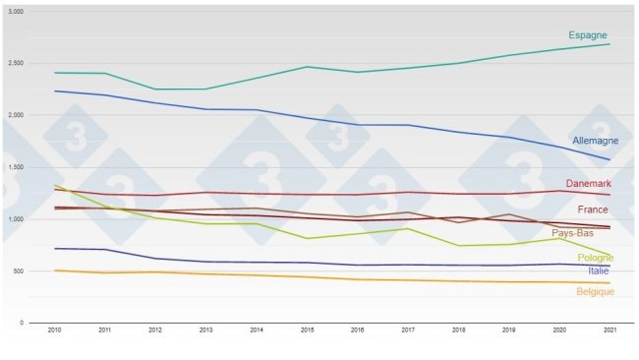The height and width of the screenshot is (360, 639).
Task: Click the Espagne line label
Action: pyautogui.click(x=588, y=35)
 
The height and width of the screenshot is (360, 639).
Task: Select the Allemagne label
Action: pyautogui.click(x=595, y=141)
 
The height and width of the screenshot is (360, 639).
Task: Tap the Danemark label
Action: pyautogui.click(x=589, y=184)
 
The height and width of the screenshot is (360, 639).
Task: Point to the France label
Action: pyautogui.click(x=592, y=210)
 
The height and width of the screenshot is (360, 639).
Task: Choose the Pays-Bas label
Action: pyautogui.click(x=572, y=233)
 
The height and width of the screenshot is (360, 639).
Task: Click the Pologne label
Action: pyautogui.click(x=596, y=258)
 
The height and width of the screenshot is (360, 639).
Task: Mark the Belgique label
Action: pyautogui.click(x=596, y=291)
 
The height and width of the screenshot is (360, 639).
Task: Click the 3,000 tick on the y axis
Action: pyautogui.click(x=29, y=11)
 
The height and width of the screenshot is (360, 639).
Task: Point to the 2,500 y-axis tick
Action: pyautogui.click(x=29, y=63)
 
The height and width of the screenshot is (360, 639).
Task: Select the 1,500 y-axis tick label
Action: pyautogui.click(x=29, y=167)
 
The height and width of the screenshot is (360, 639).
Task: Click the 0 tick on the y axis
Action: pyautogui.click(x=34, y=323)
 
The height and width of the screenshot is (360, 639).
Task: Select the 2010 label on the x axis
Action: pyautogui.click(x=54, y=331)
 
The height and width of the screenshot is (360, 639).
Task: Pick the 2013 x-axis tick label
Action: pyautogui.click(x=205, y=331)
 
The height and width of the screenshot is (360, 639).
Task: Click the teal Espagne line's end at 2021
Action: pyautogui.click(x=610, y=44)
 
